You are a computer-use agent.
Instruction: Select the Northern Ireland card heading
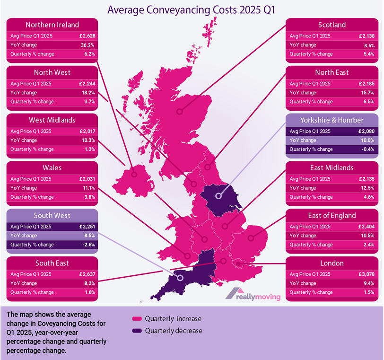[52, 25]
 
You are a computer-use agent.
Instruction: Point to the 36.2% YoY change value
[88, 45]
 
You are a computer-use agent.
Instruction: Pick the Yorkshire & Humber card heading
[332, 120]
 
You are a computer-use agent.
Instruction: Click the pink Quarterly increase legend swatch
[138, 319]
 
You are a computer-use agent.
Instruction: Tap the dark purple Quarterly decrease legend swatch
[138, 331]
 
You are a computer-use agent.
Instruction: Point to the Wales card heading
[52, 168]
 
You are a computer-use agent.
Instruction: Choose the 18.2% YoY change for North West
[88, 93]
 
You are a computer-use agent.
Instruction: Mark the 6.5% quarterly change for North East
[368, 101]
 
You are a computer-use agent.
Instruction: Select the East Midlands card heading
[332, 168]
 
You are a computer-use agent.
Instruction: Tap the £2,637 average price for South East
[87, 274]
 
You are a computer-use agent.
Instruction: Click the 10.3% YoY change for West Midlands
[88, 140]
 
